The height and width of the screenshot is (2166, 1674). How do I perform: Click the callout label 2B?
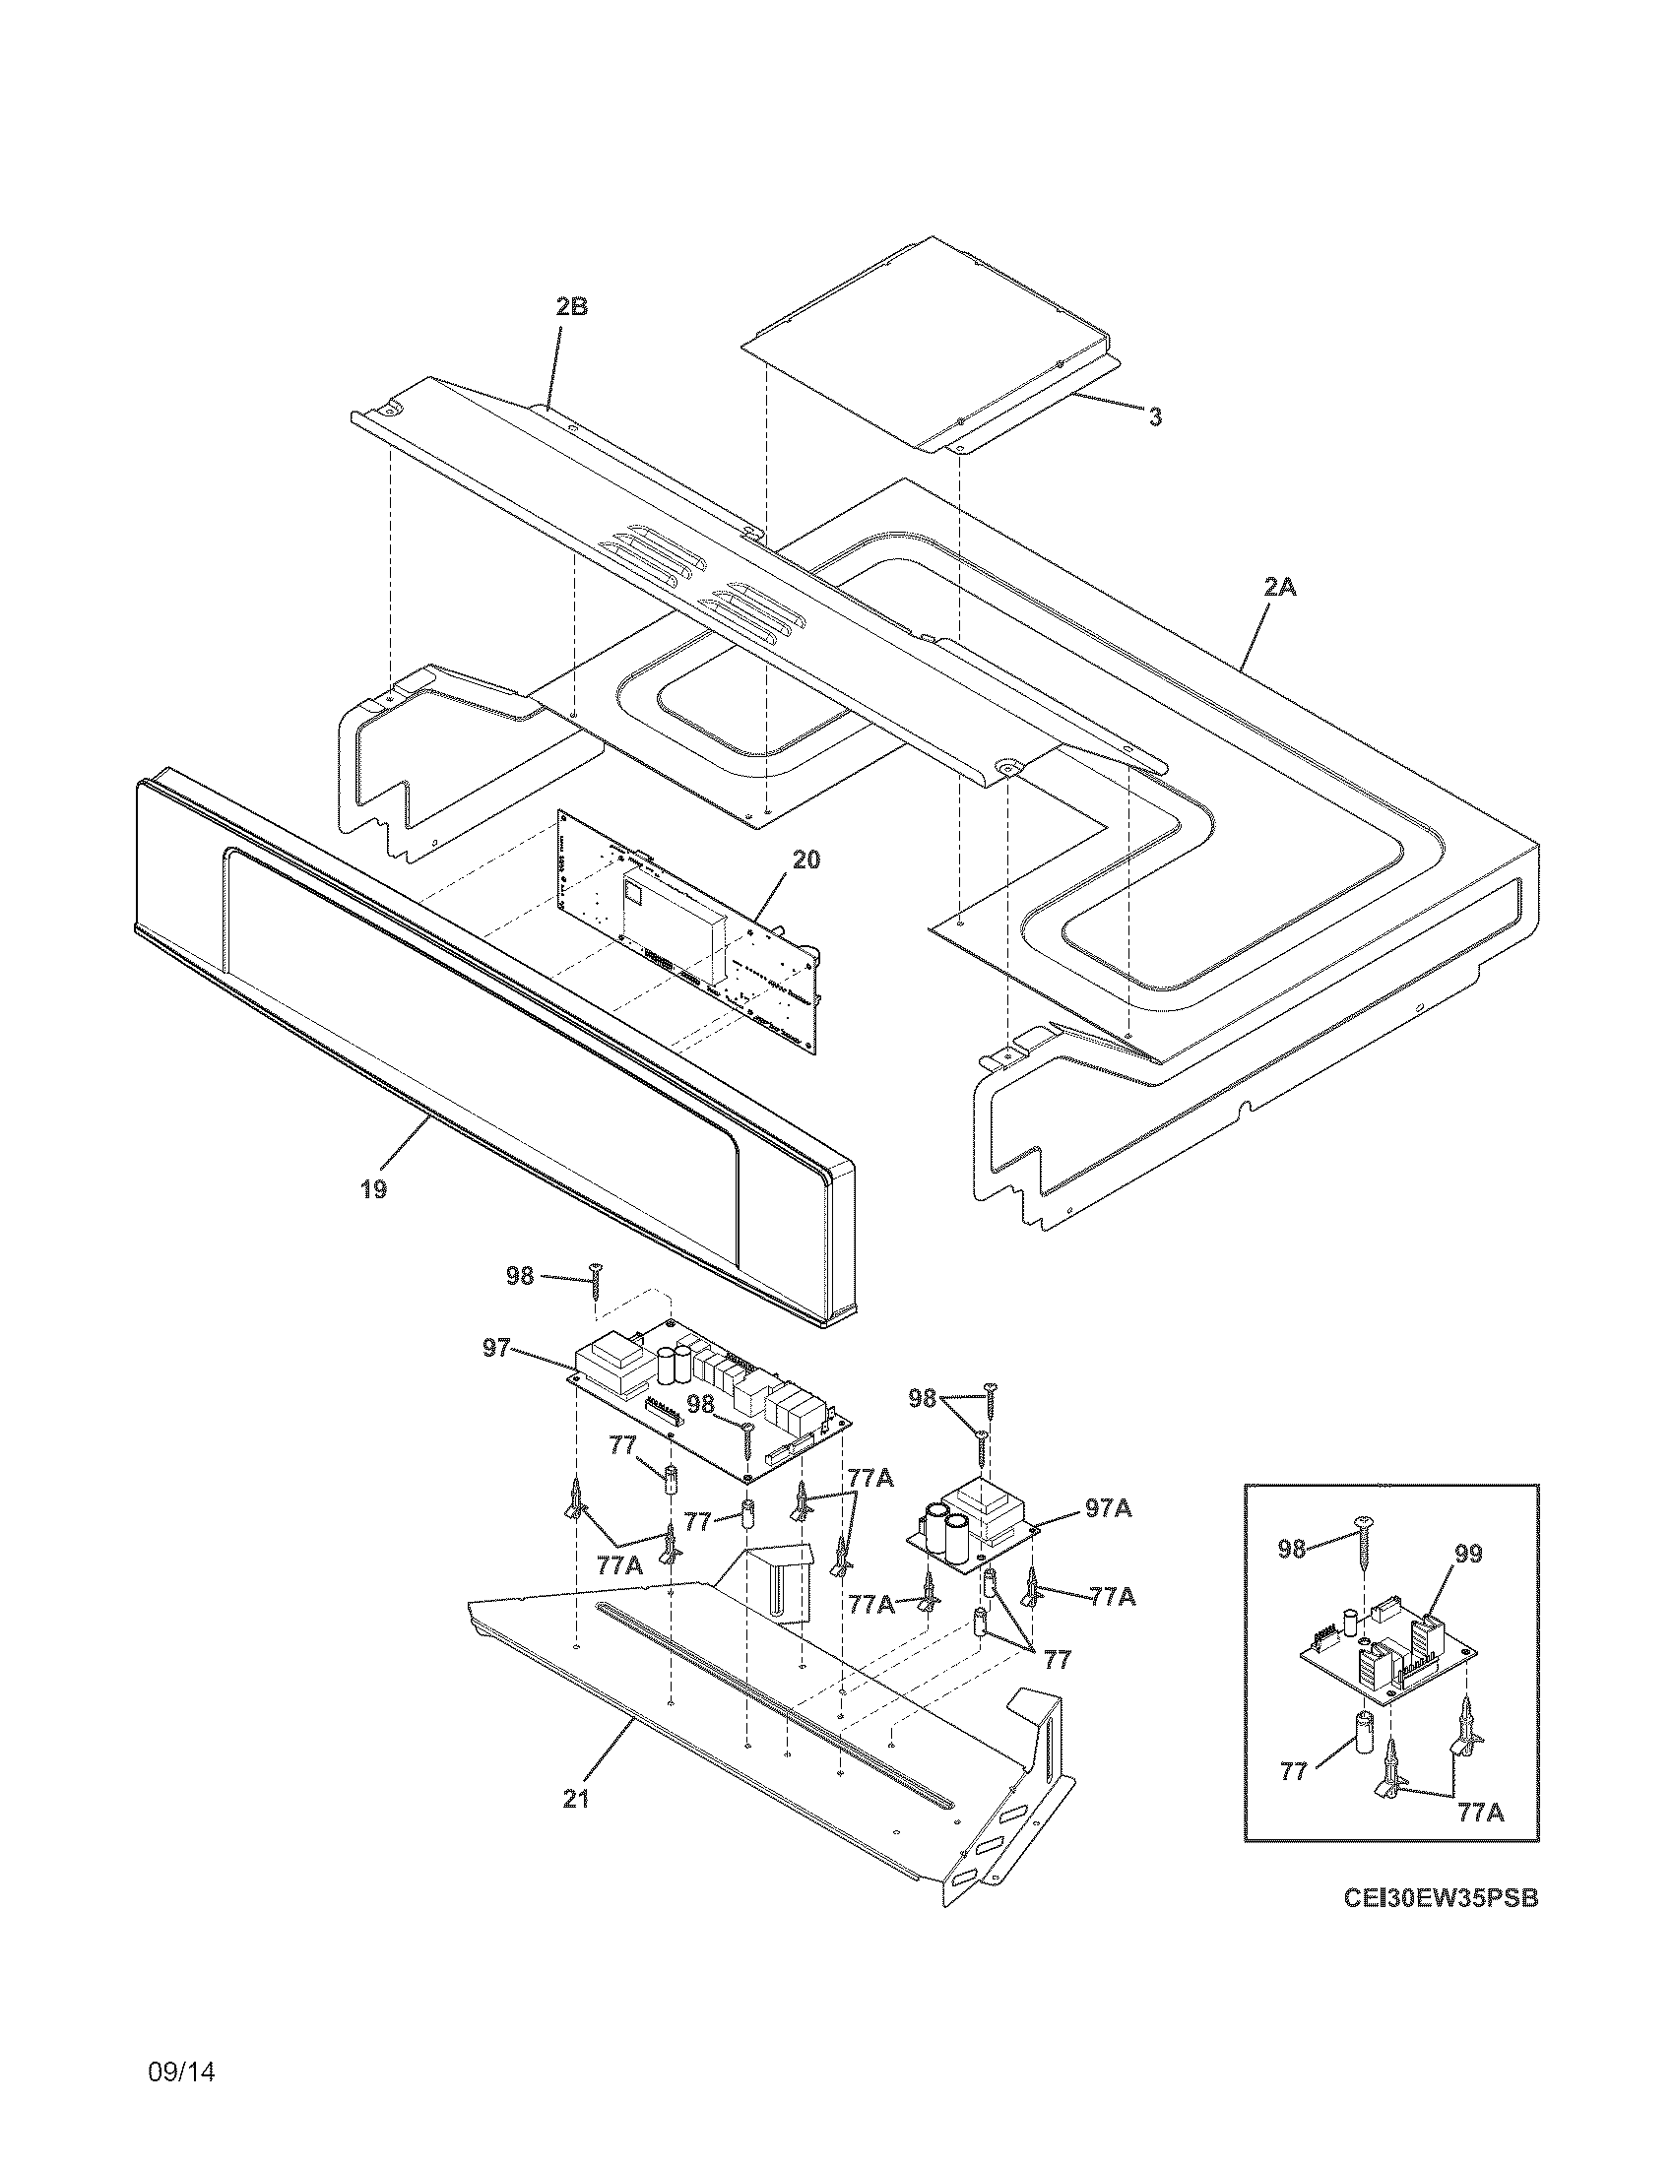click(x=571, y=306)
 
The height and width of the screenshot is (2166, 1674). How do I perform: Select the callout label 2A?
click(x=1279, y=587)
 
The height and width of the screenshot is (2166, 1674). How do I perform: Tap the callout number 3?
click(x=1155, y=417)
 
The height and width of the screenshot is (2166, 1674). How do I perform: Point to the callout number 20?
click(x=806, y=860)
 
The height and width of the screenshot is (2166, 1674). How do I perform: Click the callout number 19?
click(x=373, y=1189)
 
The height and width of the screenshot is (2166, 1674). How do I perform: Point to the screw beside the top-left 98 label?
click(x=596, y=1282)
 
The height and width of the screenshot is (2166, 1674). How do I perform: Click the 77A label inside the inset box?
click(x=1481, y=1813)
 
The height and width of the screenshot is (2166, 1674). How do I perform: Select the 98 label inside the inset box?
click(x=1291, y=1548)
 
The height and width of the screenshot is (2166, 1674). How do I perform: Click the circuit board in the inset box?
click(x=1388, y=1647)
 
